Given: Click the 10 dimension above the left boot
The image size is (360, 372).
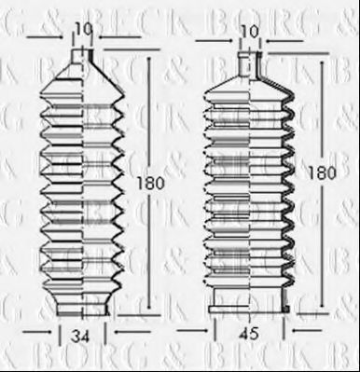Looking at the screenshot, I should click(x=84, y=29).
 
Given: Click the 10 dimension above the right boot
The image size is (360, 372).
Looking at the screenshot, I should click(x=248, y=32).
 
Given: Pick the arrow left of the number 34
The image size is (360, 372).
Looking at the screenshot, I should click(x=35, y=331).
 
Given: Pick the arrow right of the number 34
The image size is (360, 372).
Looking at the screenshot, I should click(x=127, y=331).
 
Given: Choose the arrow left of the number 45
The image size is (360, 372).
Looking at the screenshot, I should click(x=200, y=328).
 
